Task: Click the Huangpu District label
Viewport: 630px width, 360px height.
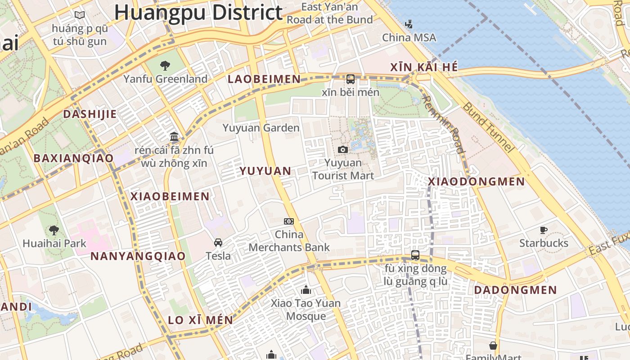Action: coord(198,13)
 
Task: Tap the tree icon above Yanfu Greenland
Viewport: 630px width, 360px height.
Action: coord(165,66)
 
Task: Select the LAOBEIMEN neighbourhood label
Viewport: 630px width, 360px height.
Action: coord(264,79)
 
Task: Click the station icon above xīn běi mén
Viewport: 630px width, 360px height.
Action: coord(351,79)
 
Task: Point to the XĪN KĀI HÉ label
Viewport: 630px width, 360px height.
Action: coord(424,67)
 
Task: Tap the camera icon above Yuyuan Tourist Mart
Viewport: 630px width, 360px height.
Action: coord(343,149)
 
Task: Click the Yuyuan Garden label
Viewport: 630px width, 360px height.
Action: coord(261,128)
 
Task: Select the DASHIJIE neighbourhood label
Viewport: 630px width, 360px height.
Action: coord(90,114)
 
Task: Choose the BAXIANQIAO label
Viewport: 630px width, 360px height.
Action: coord(73,158)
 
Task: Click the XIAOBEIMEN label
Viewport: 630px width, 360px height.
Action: coord(170,197)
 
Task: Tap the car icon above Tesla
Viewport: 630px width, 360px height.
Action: coord(218,243)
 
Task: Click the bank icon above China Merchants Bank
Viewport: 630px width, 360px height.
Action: coord(289,221)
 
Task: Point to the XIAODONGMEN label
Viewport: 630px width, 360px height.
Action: coord(476,182)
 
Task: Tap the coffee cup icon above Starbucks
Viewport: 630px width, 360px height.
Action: coord(544,230)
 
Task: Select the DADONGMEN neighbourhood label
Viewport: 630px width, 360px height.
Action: coord(516,290)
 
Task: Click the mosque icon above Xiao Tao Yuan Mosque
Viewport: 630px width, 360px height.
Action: coord(306,290)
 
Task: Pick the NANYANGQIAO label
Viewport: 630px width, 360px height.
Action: coord(138,256)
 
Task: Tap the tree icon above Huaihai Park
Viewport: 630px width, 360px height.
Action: coord(54,230)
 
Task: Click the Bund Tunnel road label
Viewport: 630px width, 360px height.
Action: coord(488,127)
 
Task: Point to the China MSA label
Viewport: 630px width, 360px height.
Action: coord(409,38)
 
